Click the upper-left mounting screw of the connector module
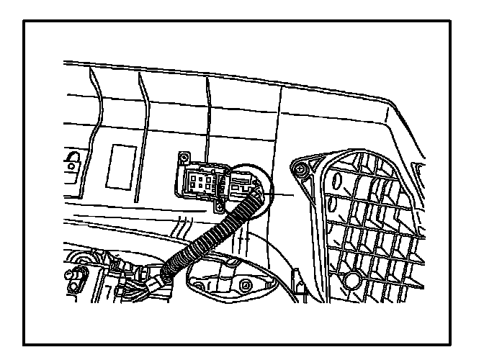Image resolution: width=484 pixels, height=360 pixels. point(184,158)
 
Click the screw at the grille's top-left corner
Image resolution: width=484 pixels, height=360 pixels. point(300,170)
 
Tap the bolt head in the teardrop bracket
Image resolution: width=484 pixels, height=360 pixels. point(246,287)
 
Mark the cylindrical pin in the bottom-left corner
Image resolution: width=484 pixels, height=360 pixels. point(76,276)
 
